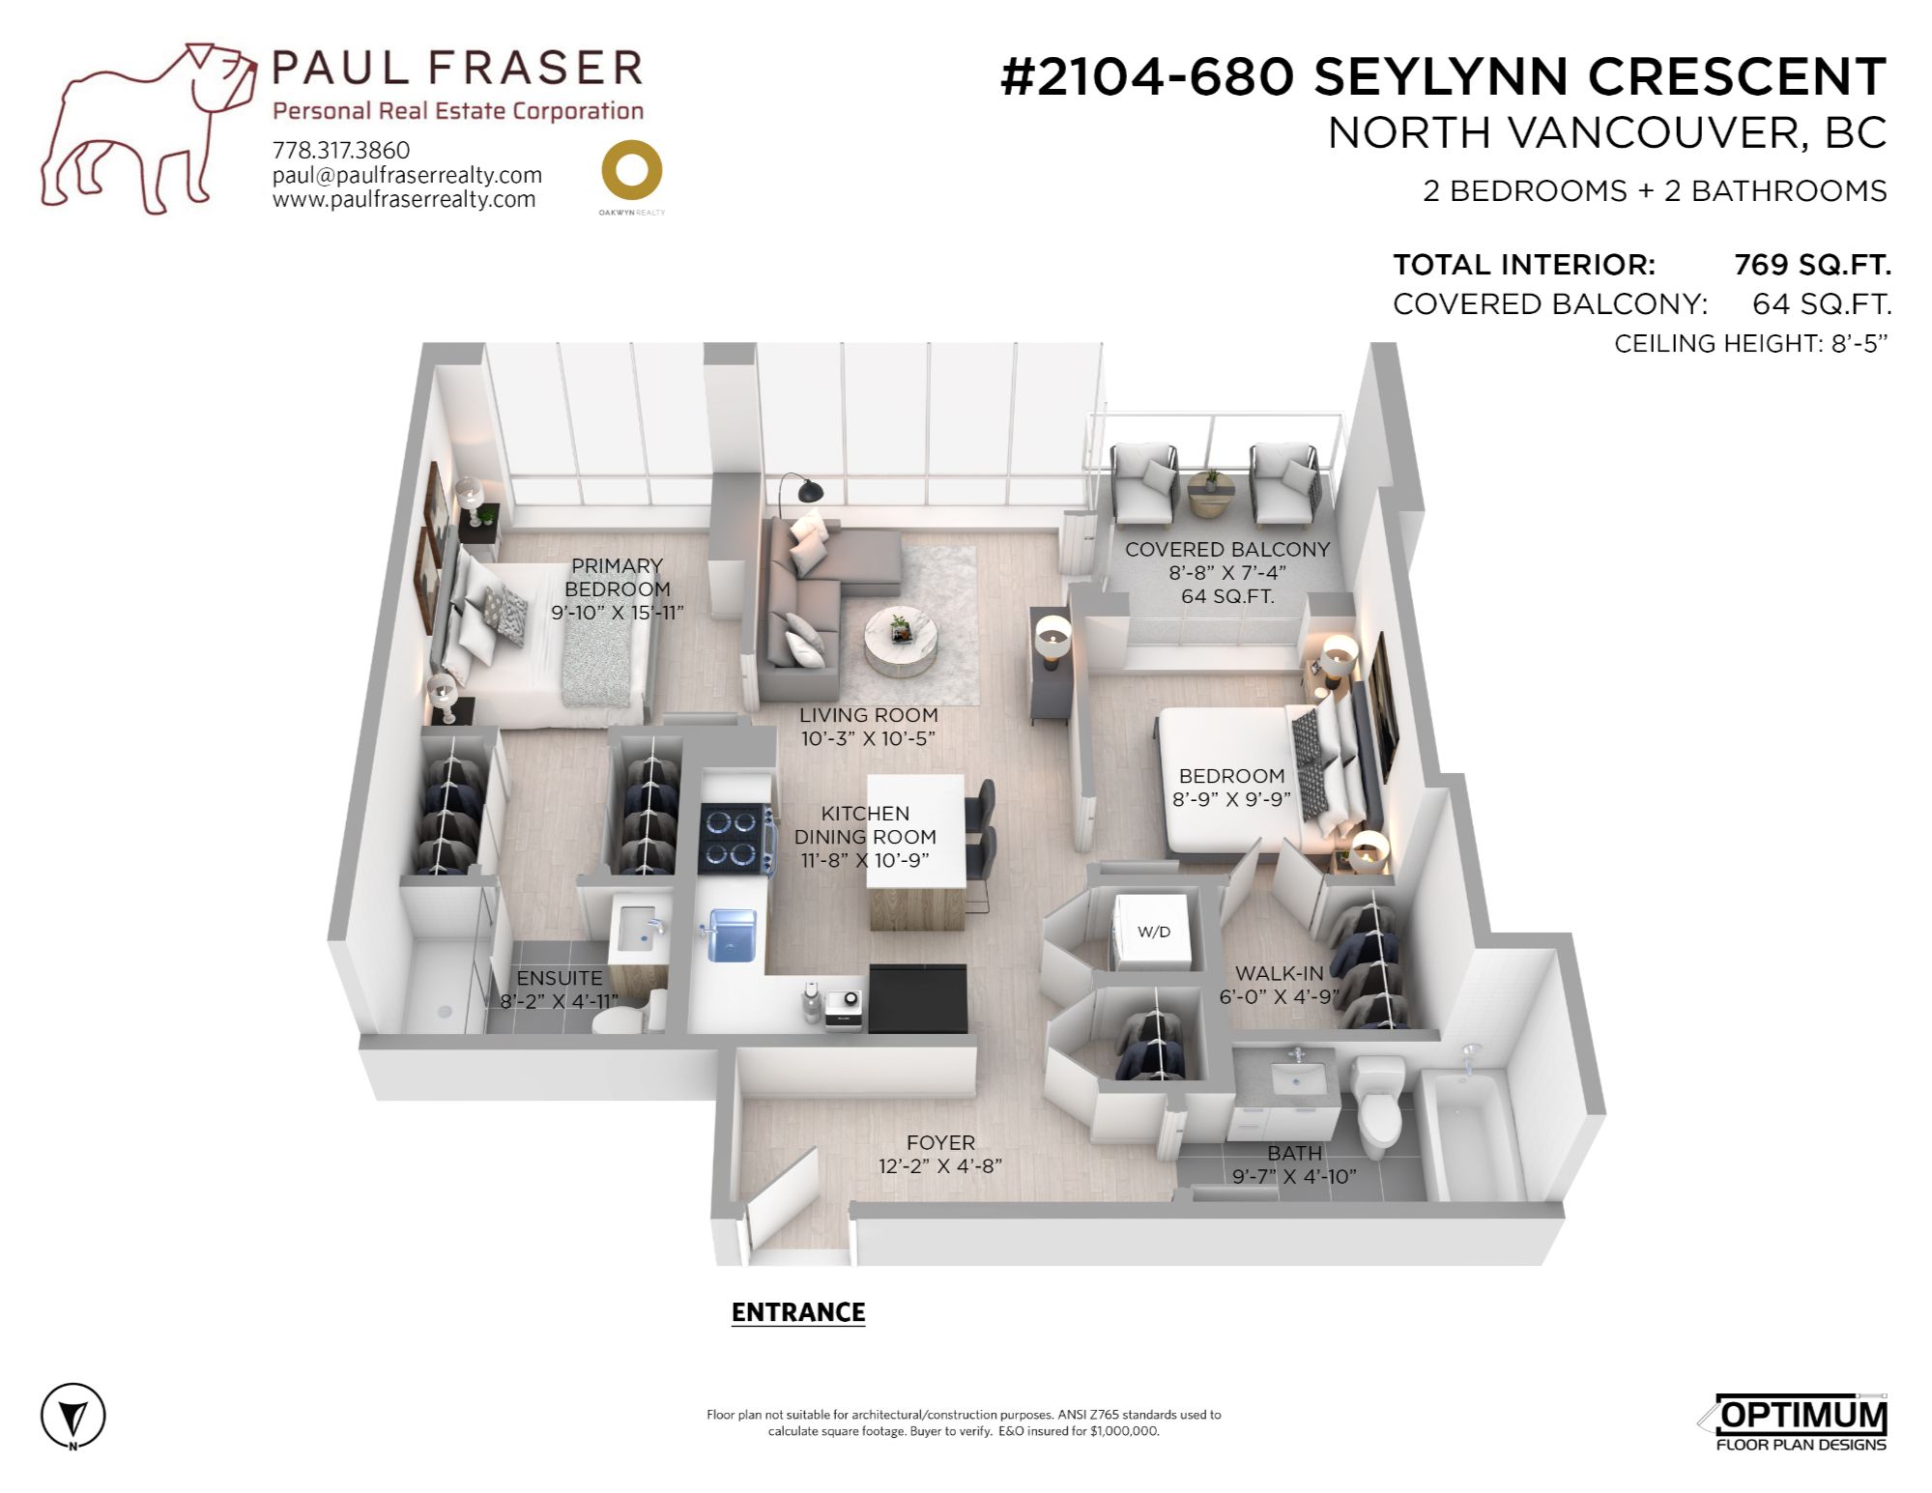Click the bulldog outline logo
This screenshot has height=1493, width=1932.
tap(145, 126)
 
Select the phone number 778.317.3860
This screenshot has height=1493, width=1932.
tap(341, 150)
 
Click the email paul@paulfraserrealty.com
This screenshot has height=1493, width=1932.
tap(407, 175)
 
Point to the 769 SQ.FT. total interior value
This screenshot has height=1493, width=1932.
tap(1812, 265)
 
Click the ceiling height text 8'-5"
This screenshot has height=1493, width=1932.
tap(1859, 343)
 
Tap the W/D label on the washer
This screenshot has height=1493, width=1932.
tap(1153, 932)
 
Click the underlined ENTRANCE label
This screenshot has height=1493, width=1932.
tap(798, 1312)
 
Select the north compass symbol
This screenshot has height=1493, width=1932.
tap(72, 1418)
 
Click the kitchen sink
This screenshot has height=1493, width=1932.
tap(732, 934)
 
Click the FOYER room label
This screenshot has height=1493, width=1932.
tap(940, 1142)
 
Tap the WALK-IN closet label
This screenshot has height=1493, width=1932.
tap(1279, 973)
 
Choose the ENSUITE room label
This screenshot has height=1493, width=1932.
tap(559, 978)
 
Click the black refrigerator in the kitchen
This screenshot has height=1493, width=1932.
tap(917, 998)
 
